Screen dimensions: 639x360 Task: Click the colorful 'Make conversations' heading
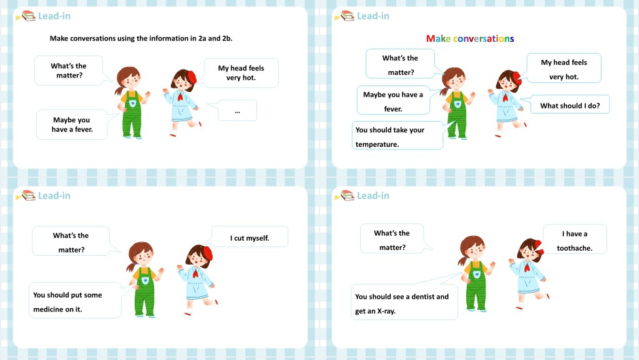click(470, 39)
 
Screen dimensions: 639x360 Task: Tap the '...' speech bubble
click(237, 110)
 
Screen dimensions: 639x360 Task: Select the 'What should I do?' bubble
click(570, 104)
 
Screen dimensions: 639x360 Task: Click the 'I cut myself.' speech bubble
click(250, 236)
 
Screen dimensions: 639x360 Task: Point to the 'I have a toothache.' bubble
click(575, 239)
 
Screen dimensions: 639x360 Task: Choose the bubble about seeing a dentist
click(404, 302)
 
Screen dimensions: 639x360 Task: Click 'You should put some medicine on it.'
click(75, 300)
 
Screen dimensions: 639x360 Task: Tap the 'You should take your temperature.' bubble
click(398, 135)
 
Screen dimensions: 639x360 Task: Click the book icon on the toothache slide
click(346, 195)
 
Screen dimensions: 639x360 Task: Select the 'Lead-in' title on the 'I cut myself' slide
click(54, 196)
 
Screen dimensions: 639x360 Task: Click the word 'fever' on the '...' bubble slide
click(83, 130)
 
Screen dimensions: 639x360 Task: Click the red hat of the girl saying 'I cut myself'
click(207, 253)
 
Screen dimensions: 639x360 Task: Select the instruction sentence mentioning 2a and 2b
click(141, 38)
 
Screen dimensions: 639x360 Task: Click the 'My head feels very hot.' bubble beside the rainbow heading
click(563, 68)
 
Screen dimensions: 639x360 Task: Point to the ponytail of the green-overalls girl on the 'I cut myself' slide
click(131, 267)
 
